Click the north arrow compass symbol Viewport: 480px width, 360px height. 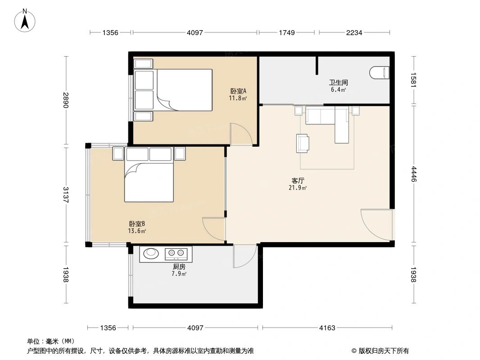pos(25,20)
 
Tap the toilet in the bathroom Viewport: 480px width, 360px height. pos(380,73)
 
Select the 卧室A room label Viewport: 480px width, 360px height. pos(238,91)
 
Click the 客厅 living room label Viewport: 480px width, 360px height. pos(298,181)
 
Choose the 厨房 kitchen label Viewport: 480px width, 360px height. pos(179,267)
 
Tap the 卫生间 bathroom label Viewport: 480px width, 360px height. pos(338,83)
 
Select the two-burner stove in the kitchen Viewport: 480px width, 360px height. pos(176,252)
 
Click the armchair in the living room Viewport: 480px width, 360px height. pos(303,143)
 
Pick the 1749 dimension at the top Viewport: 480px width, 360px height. pos(286,32)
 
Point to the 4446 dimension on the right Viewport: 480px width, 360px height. pos(414,174)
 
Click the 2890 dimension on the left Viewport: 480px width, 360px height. pos(66,100)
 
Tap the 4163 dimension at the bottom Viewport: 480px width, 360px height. pos(327,328)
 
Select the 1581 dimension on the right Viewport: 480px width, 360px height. pos(414,80)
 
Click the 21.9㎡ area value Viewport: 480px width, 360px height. pos(298,188)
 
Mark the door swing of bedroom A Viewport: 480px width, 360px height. pos(241,134)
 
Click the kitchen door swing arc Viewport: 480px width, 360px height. pos(245,256)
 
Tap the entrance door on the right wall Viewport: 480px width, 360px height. pos(377,225)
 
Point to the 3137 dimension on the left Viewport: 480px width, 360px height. pos(66,194)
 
